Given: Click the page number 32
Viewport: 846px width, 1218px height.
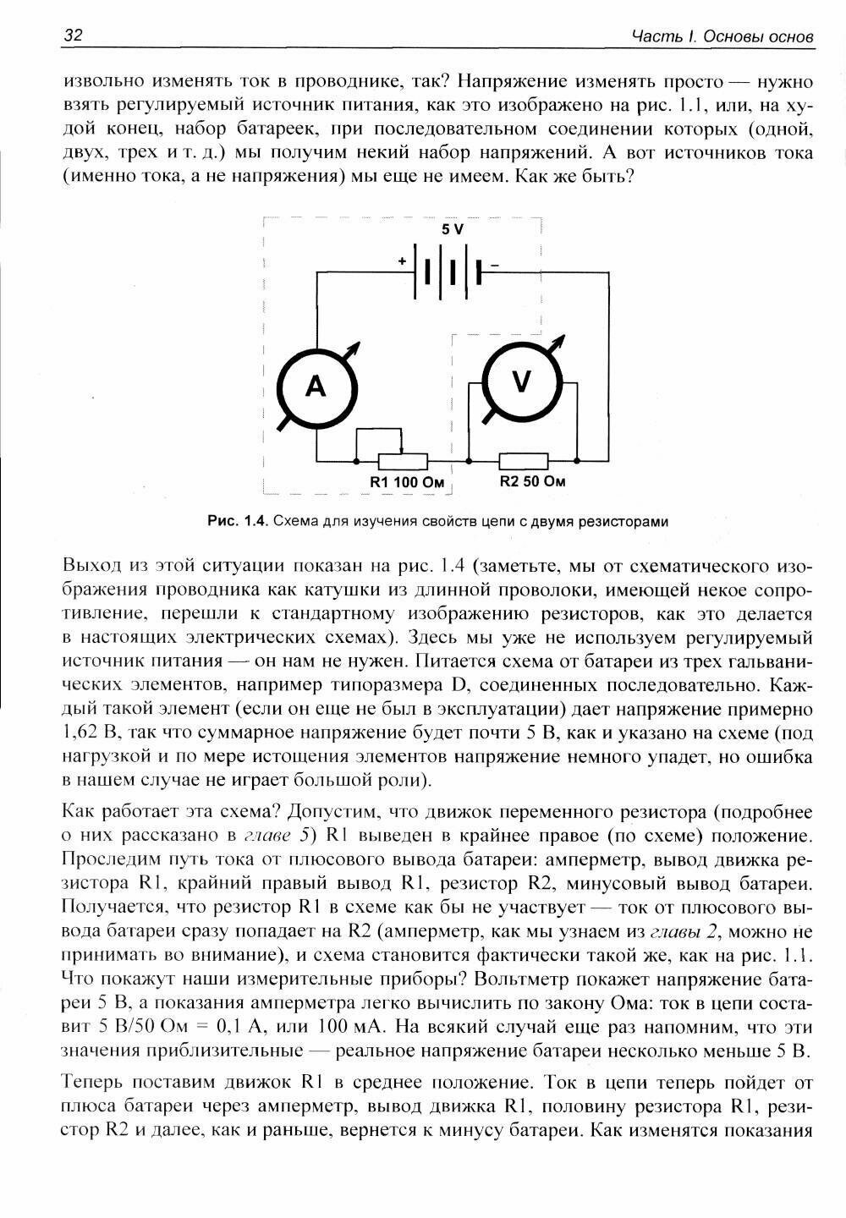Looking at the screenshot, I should tap(73, 36).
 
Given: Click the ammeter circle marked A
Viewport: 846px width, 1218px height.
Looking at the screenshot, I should tap(316, 387).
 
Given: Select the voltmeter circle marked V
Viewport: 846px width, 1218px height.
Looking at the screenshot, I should tap(521, 381).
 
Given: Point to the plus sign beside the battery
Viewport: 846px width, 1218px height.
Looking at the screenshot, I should tap(402, 262).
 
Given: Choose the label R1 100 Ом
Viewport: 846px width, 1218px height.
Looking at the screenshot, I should tap(404, 482).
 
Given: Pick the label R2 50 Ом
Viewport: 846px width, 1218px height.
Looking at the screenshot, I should tap(532, 481).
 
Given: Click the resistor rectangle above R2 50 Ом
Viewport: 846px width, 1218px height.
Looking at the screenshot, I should tap(524, 462).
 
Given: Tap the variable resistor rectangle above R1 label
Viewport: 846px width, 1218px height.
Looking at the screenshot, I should tap(403, 462).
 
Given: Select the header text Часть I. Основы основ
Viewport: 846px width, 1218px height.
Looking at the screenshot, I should tap(723, 37).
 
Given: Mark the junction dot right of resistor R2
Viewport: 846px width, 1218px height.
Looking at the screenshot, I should tap(577, 462).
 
